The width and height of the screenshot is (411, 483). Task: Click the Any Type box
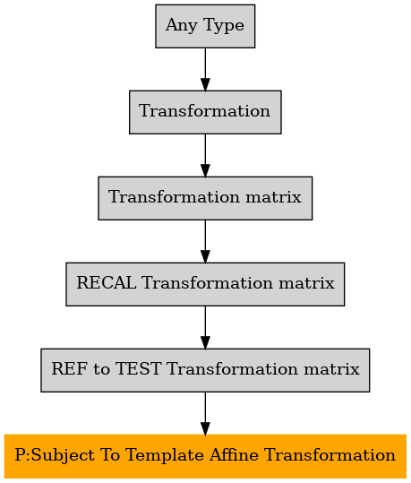[x=205, y=26]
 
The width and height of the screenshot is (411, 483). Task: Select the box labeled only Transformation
[x=205, y=112]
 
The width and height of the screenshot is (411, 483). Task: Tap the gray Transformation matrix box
[x=205, y=198]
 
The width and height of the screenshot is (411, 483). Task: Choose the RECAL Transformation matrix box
[x=205, y=284]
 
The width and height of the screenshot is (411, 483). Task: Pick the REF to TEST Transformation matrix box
[x=205, y=370]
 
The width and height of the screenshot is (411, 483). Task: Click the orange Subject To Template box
[x=205, y=456]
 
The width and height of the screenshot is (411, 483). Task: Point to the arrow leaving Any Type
[x=205, y=69]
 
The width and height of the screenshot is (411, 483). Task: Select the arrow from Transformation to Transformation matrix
[x=205, y=155]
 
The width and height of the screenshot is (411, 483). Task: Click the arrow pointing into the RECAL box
[x=205, y=242]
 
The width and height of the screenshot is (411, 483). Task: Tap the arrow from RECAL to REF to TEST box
[x=205, y=327]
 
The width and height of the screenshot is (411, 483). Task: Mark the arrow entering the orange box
[x=205, y=413]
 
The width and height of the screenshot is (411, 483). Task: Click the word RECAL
[x=107, y=283]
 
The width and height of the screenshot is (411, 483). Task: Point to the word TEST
[x=138, y=368]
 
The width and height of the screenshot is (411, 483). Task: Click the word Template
[x=167, y=455]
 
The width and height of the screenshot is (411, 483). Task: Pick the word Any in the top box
[x=182, y=26]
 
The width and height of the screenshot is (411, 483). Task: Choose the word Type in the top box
[x=224, y=26]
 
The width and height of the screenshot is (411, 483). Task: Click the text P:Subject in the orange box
[x=55, y=455]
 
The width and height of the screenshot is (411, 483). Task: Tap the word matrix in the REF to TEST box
[x=331, y=368]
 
